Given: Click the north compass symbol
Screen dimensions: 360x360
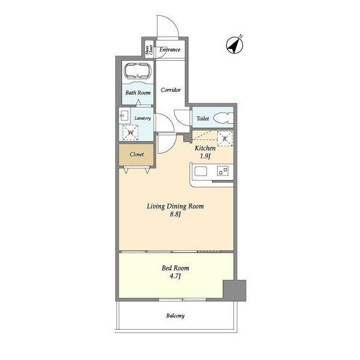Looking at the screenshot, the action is [x=235, y=45].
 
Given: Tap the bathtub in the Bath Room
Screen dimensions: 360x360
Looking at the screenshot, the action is [x=138, y=70].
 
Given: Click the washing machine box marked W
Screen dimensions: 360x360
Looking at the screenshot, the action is [x=130, y=133].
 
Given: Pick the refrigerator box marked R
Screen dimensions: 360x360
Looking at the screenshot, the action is [x=225, y=139].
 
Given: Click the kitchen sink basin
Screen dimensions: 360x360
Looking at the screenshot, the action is [x=201, y=171].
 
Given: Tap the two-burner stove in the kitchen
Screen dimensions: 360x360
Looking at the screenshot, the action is [x=223, y=171].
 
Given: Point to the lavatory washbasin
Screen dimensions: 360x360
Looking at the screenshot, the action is [x=124, y=115].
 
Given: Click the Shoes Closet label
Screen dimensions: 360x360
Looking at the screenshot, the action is [x=148, y=49].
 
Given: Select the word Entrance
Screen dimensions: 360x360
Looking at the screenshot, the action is [x=170, y=49].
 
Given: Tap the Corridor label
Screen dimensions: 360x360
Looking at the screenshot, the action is [x=170, y=90].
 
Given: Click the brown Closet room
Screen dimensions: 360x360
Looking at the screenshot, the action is [x=136, y=155].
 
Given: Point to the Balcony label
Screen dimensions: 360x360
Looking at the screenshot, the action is [x=175, y=316].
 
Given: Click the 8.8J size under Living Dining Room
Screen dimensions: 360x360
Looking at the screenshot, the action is [x=175, y=214].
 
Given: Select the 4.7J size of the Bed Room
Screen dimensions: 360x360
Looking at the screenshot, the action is [x=175, y=276].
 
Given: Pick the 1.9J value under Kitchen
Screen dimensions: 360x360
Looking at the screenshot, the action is [x=205, y=156].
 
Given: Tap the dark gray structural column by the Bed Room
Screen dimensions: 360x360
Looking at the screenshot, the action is [x=235, y=290].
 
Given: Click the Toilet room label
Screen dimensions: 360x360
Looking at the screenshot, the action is [x=202, y=119].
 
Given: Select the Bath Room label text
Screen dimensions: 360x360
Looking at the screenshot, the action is [x=138, y=93].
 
